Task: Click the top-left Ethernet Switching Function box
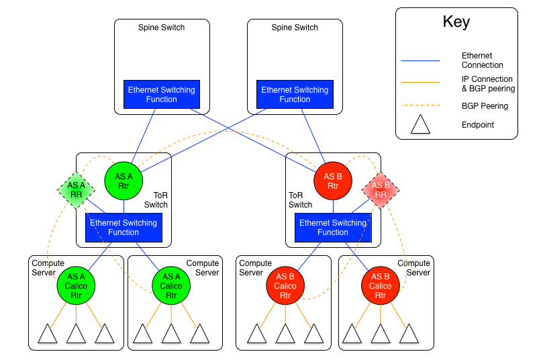(x=162, y=95)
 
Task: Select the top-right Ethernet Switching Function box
(x=295, y=95)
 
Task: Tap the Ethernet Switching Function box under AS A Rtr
(x=124, y=228)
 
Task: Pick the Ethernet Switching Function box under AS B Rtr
(x=333, y=228)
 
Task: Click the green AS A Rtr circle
(x=124, y=181)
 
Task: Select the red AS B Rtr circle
(x=333, y=181)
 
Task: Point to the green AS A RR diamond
(x=77, y=190)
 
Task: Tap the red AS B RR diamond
(x=381, y=190)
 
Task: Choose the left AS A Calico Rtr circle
(x=76, y=285)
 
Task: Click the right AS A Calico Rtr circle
(x=171, y=285)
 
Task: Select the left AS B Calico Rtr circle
(x=285, y=285)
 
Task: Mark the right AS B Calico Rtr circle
(x=381, y=285)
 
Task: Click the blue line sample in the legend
(x=420, y=61)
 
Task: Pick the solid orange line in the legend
(x=420, y=83)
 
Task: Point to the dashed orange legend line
(x=420, y=105)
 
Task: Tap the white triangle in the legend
(x=420, y=126)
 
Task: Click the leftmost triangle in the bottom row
(x=48, y=334)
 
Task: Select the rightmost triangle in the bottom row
(x=409, y=334)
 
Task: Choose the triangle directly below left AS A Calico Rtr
(x=76, y=334)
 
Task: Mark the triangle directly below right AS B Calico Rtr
(x=381, y=334)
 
